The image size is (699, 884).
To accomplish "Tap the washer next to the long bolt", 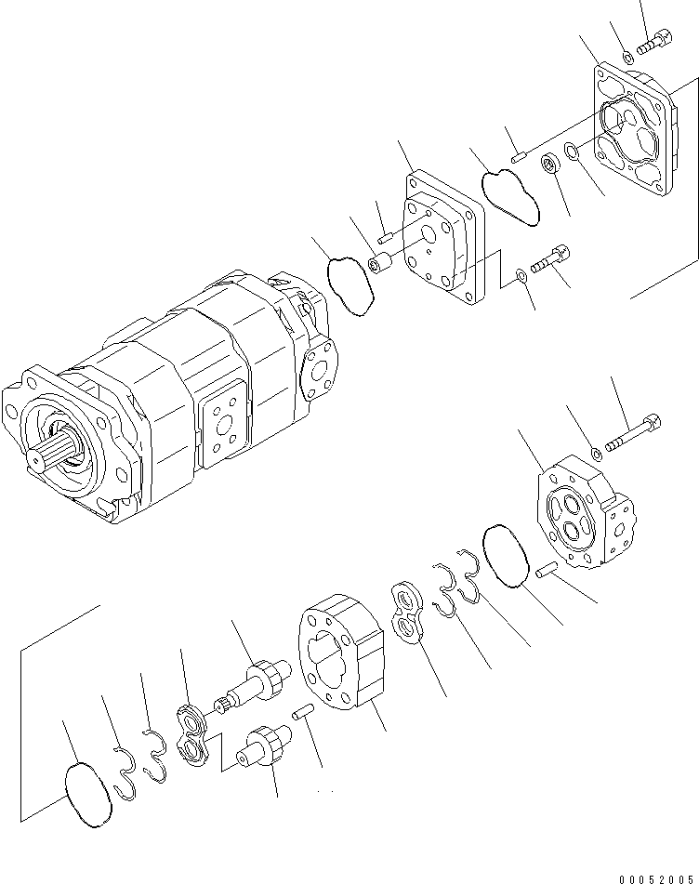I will click(596, 453).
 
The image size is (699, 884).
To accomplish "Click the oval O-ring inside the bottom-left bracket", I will click(88, 794).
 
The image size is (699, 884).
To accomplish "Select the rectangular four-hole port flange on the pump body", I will click(223, 429).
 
